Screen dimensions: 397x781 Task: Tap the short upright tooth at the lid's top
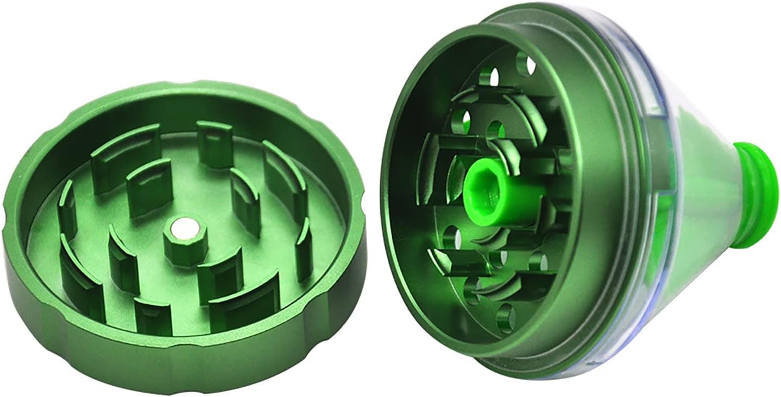pyautogui.click(x=214, y=144)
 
